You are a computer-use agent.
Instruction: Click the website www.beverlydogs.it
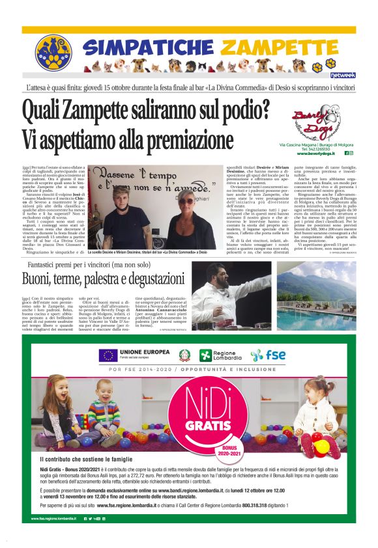tap(319, 153)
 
